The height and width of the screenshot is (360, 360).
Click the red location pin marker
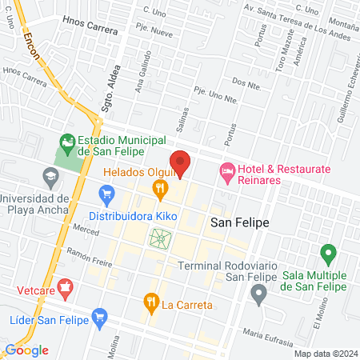(181, 162)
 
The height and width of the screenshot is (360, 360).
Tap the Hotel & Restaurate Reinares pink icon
(227, 170)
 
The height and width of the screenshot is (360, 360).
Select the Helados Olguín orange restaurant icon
(161, 188)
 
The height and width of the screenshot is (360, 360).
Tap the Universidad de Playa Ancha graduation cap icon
(51, 176)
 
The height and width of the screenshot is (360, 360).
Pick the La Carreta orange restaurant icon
(150, 302)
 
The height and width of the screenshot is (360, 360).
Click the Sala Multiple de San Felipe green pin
(326, 255)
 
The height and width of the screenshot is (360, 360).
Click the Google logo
(26, 350)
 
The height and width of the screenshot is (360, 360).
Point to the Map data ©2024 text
(324, 353)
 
